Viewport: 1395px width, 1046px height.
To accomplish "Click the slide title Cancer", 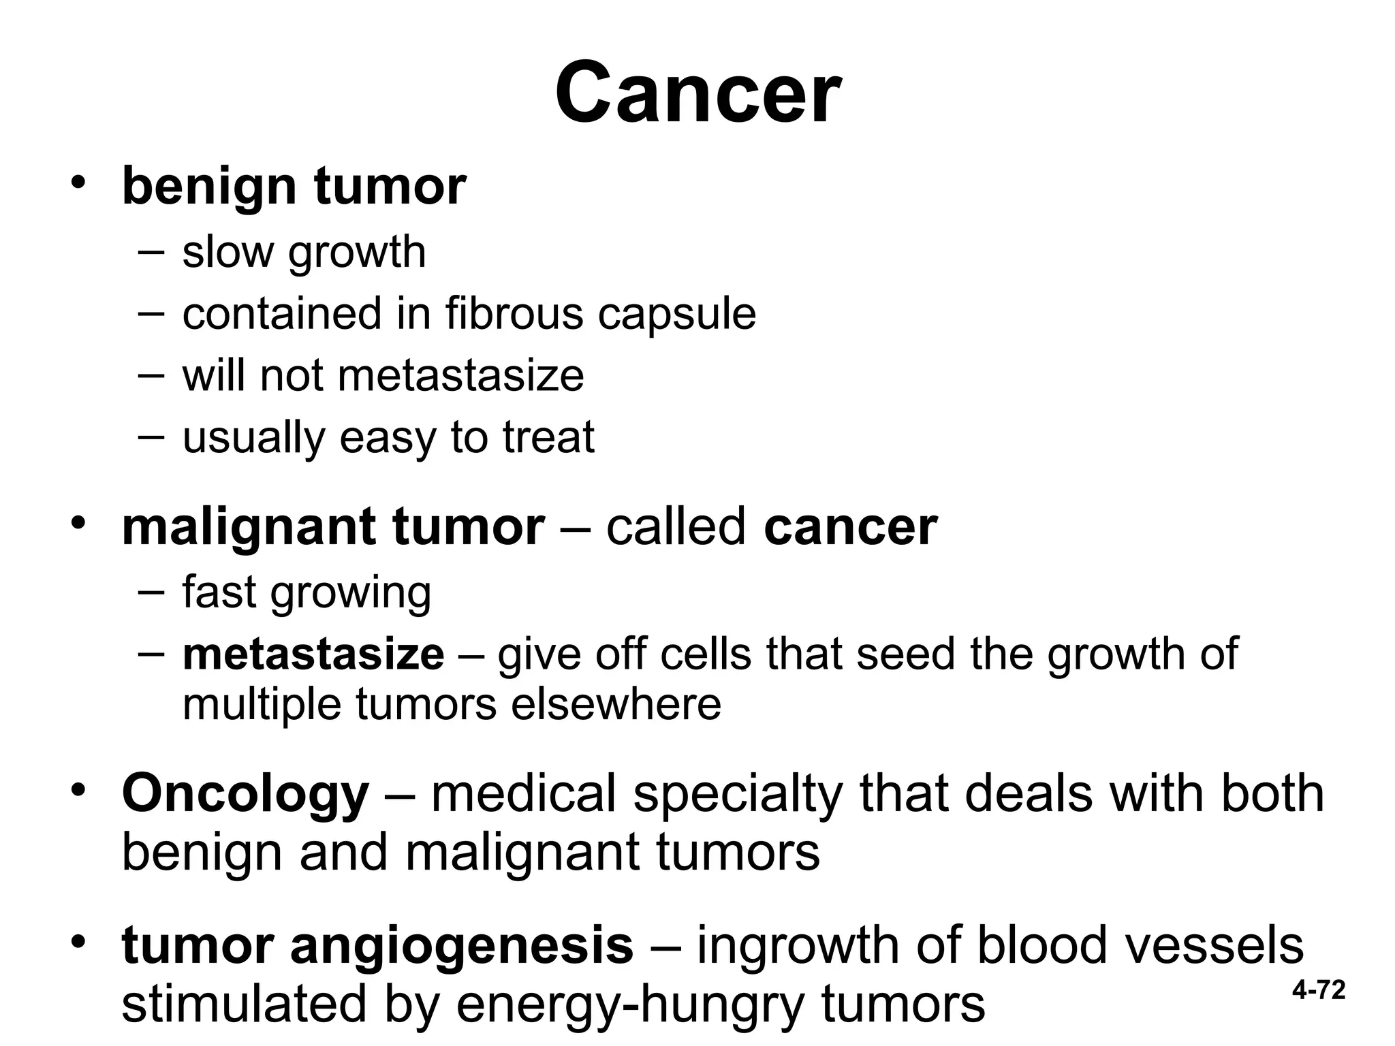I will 697,93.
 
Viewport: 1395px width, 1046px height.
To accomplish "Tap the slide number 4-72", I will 1319,990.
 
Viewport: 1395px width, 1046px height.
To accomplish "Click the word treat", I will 548,437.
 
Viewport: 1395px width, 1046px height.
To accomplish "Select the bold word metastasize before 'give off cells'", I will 313,654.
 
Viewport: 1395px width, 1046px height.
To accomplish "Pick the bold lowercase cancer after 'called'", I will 851,527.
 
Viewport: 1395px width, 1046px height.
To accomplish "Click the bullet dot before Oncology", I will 79,791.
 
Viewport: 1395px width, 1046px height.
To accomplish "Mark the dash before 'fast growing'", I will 151,592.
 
